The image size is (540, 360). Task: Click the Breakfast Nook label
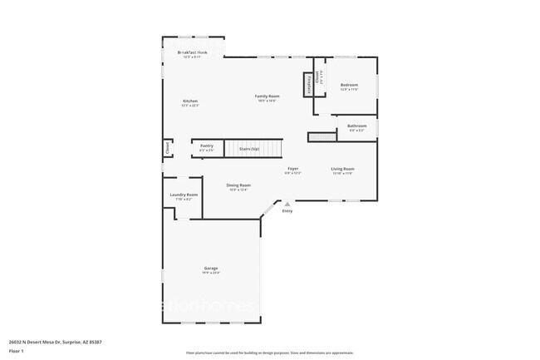192,52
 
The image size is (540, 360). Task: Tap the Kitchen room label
190,101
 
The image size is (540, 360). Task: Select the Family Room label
267,96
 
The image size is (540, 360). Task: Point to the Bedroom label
349,85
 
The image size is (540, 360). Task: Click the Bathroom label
356,126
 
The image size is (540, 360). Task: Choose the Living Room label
342,170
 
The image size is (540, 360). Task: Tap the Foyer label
292,170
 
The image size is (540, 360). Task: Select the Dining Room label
238,186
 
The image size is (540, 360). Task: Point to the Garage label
211,268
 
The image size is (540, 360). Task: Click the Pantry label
207,146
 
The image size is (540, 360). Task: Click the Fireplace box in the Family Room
309,84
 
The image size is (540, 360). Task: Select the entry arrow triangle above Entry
287,204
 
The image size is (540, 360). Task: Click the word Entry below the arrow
287,211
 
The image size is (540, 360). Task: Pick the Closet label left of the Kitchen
167,148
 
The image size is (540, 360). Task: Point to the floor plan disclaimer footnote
269,353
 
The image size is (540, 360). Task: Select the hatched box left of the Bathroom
321,136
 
